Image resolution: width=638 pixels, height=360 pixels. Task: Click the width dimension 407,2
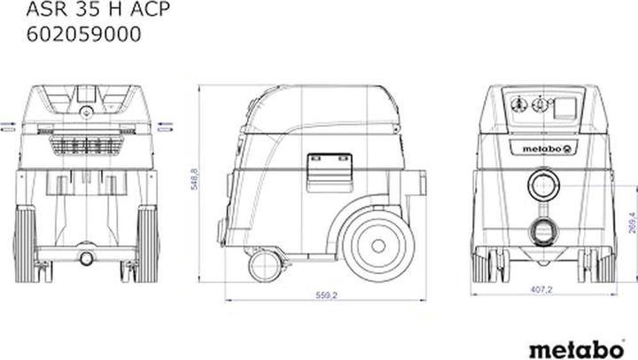pyautogui.click(x=541, y=290)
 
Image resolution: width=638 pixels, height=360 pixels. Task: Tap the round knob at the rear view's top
pyautogui.click(x=87, y=112)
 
